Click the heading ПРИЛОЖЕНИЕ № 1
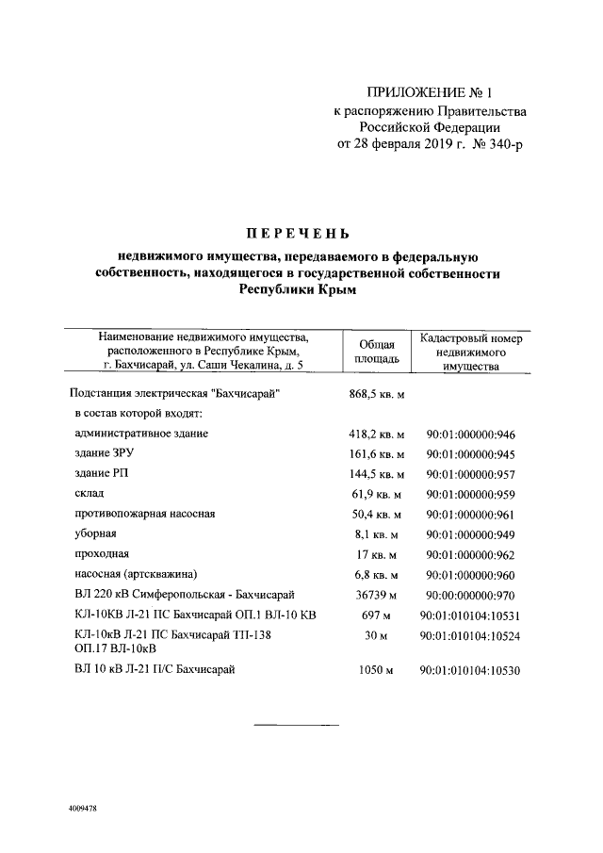(x=430, y=93)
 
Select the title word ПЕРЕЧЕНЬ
(x=299, y=233)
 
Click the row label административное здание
(x=140, y=434)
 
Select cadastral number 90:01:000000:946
(x=472, y=435)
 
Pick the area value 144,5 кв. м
(x=376, y=474)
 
